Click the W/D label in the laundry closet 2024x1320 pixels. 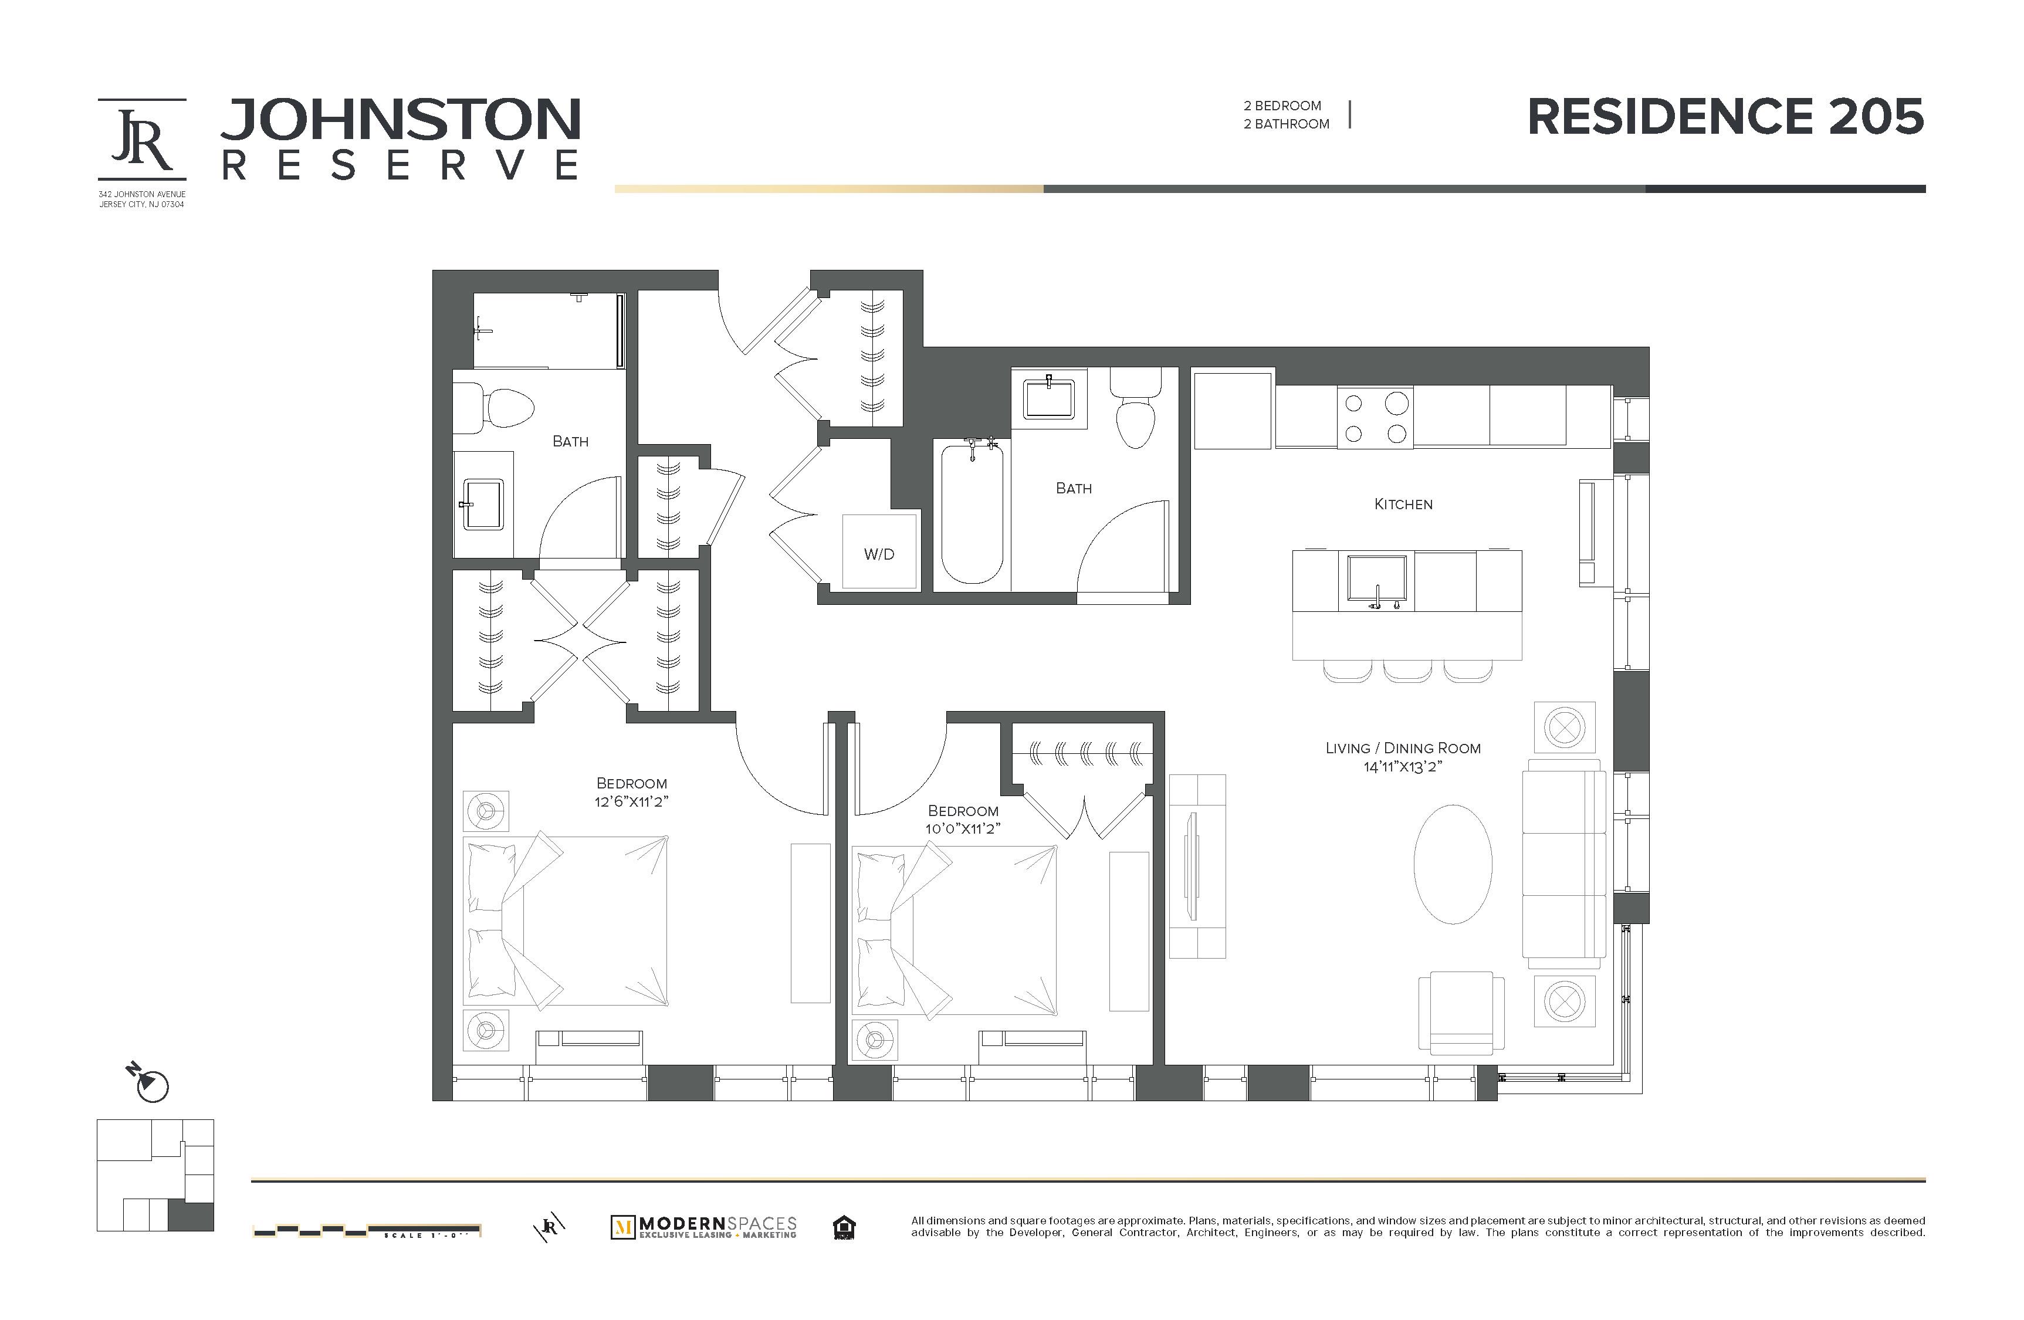click(x=878, y=554)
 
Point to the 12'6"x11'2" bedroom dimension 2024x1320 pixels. click(x=631, y=802)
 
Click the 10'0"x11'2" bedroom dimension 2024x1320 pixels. click(x=963, y=829)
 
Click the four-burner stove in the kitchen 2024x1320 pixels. click(x=1375, y=418)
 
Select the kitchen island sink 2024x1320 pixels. click(x=1376, y=582)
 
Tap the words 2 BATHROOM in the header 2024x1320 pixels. click(x=1286, y=124)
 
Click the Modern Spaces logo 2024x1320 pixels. click(x=703, y=1227)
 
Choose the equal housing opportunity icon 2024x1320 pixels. click(x=844, y=1227)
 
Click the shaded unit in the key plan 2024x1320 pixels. click(x=191, y=1216)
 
